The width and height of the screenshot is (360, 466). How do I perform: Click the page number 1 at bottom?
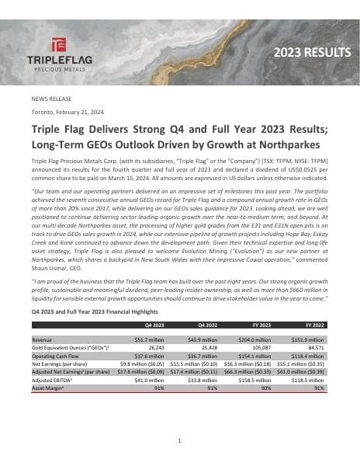(x=179, y=440)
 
